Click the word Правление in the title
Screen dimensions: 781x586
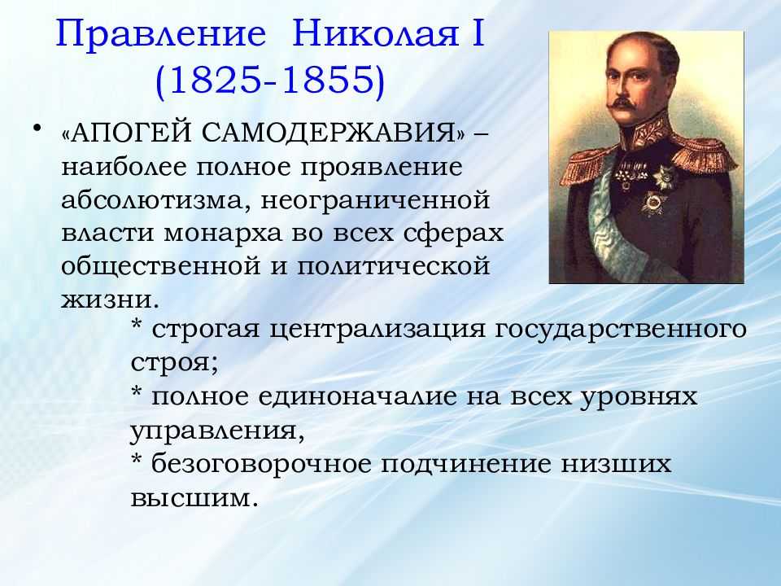pos(160,34)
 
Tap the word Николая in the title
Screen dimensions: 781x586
pos(375,33)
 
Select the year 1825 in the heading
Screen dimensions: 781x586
pos(218,80)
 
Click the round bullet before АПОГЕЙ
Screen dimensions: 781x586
pos(37,129)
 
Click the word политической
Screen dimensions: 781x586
pos(394,266)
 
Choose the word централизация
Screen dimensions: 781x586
pos(377,330)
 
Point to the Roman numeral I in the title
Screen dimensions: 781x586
pos(478,33)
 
